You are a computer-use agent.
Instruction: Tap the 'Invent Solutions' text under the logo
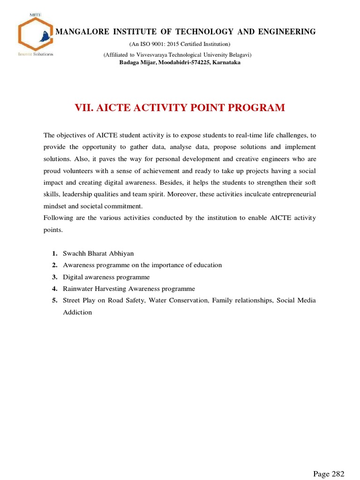(35, 54)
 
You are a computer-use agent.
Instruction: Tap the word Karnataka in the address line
(226, 62)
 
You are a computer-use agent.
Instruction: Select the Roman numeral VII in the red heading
(84, 108)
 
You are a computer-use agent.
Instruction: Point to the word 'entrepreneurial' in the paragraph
(295, 194)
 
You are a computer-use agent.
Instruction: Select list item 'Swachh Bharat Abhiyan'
(98, 254)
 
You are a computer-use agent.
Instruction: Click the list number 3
(55, 277)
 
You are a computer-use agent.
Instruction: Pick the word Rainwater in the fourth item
(77, 289)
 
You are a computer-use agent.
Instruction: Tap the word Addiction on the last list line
(77, 312)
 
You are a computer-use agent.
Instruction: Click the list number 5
(55, 300)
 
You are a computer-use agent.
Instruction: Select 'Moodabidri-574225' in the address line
(181, 62)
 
